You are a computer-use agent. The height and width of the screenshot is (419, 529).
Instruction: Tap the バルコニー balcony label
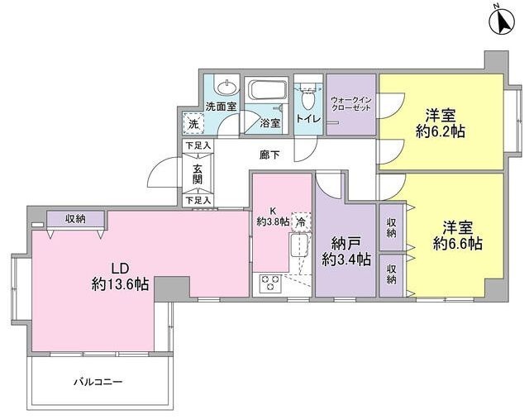(98, 382)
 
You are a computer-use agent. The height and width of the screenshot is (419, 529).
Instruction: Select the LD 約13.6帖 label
(120, 275)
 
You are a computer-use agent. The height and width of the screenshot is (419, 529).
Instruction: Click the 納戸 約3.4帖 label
(346, 251)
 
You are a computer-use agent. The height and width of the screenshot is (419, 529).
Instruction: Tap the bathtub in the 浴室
(266, 90)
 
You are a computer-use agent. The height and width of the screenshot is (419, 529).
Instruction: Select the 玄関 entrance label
(198, 173)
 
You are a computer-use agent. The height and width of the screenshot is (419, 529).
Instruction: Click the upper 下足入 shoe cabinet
(198, 146)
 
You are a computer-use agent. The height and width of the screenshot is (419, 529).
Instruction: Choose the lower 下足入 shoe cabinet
(198, 200)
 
